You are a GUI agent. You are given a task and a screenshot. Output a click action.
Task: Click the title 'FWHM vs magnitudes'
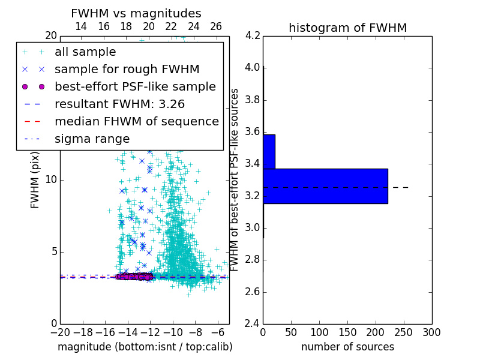click(x=136, y=13)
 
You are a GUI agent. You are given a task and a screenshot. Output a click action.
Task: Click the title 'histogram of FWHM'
click(x=347, y=28)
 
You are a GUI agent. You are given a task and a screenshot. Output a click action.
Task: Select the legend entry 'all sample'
click(x=85, y=52)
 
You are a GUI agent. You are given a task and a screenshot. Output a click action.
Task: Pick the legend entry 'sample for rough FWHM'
click(x=127, y=70)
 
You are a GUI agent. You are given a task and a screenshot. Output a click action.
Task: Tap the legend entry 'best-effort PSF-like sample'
click(x=135, y=86)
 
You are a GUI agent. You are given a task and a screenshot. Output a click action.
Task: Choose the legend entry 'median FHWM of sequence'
click(x=136, y=121)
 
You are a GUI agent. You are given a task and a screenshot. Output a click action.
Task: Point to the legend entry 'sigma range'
click(x=92, y=139)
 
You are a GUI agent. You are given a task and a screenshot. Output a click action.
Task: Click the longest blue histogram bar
click(x=325, y=186)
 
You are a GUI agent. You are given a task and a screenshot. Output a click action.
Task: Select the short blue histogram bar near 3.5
click(x=269, y=152)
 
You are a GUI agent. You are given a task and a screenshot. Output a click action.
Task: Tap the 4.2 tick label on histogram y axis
click(x=253, y=35)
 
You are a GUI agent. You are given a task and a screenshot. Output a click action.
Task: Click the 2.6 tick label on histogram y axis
click(x=253, y=292)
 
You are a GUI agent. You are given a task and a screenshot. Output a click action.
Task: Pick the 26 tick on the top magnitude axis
click(x=216, y=26)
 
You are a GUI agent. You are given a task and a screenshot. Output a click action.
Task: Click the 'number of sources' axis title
click(x=347, y=347)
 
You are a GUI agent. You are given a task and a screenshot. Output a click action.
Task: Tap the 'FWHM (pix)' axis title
click(x=35, y=180)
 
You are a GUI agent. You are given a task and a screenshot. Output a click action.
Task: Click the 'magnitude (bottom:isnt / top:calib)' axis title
click(x=145, y=347)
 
